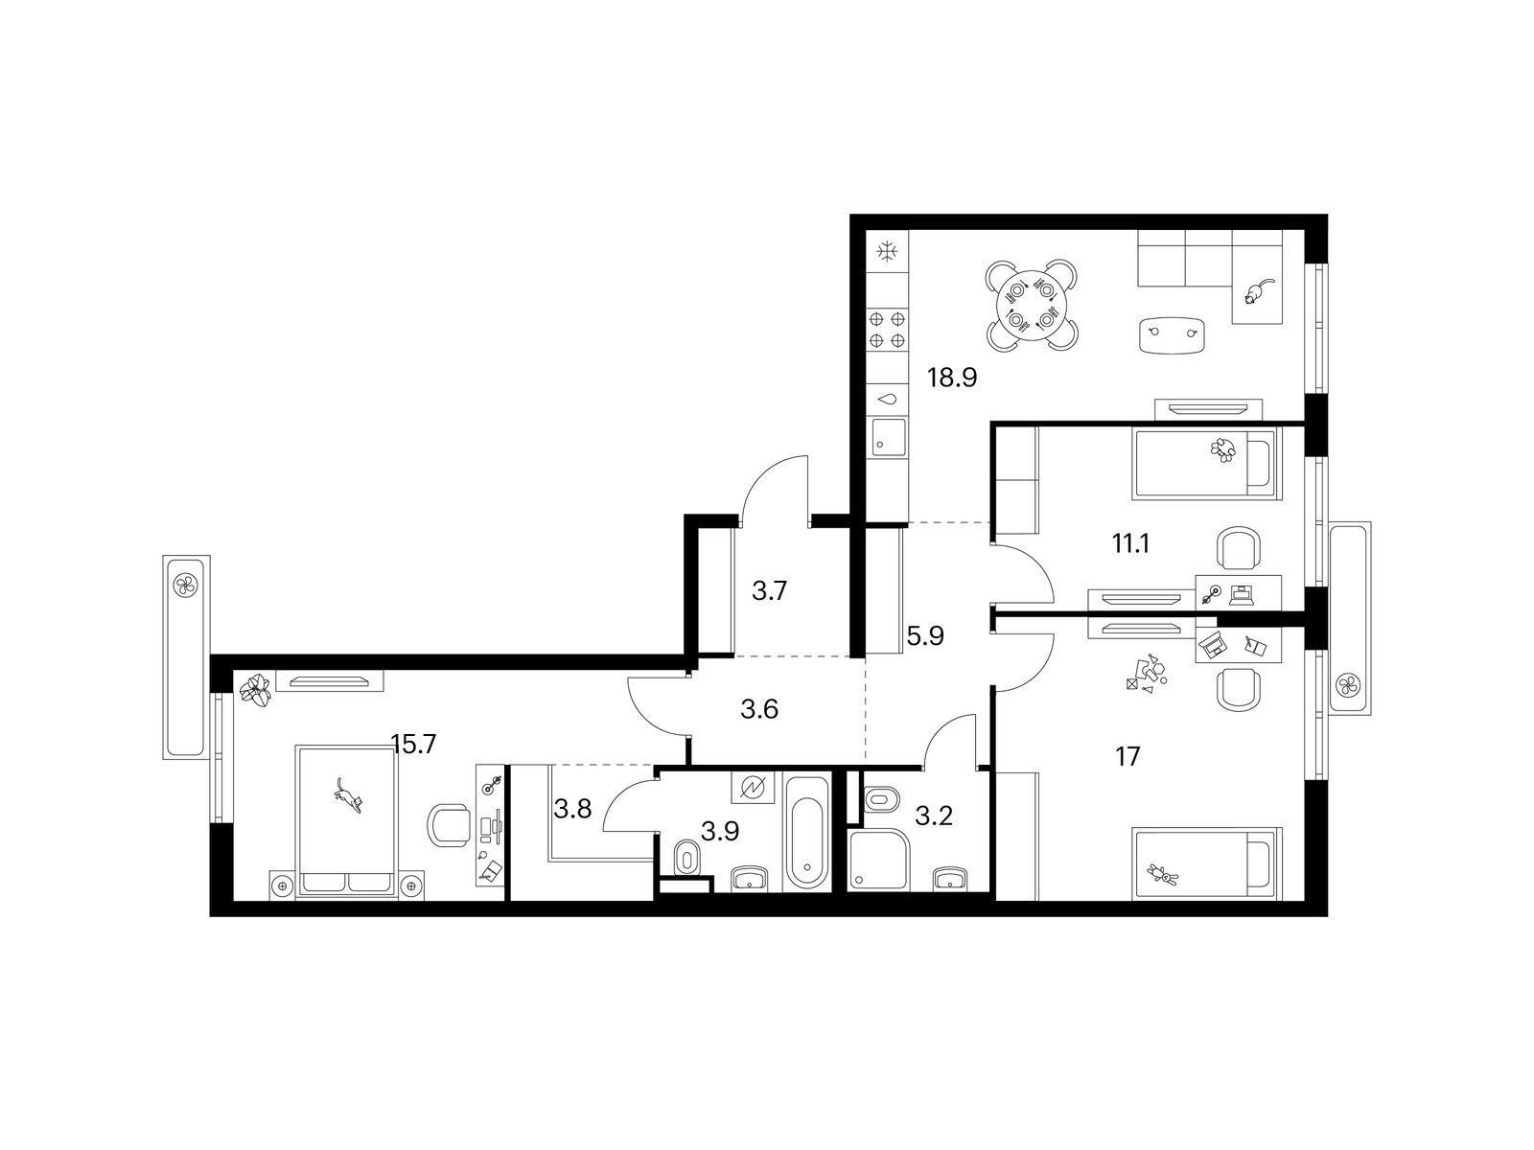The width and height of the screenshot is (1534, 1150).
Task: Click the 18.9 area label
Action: click(x=951, y=378)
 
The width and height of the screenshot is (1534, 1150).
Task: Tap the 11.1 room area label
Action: click(x=1130, y=542)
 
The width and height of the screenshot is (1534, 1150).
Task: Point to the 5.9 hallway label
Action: click(x=925, y=635)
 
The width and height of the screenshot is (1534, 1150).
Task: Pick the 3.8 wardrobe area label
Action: click(x=572, y=809)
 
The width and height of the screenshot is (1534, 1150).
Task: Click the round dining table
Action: click(x=1031, y=305)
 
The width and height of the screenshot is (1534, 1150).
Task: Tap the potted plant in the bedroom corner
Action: click(x=257, y=691)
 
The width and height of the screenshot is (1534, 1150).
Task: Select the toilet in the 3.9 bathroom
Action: click(x=688, y=856)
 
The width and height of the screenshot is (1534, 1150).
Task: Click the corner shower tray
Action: click(x=878, y=860)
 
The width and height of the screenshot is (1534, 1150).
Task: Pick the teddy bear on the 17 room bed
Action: click(x=1161, y=873)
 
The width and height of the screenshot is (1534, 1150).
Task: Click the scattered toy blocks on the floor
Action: click(x=1146, y=675)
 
